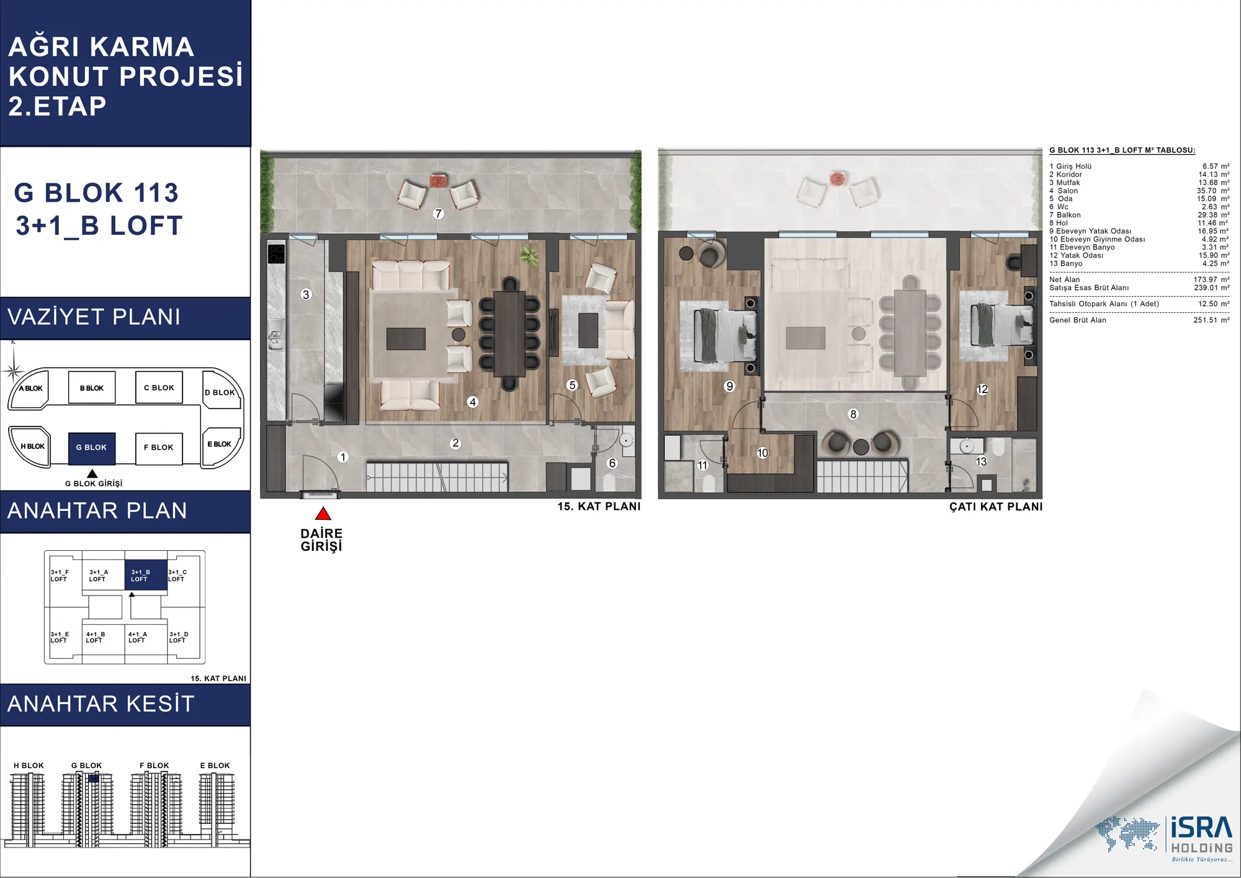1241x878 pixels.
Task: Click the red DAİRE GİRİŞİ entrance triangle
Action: [x=323, y=514]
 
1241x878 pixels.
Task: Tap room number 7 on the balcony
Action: [x=439, y=214]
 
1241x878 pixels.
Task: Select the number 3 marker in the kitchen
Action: [x=306, y=294]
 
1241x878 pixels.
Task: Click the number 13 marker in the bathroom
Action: [x=981, y=461]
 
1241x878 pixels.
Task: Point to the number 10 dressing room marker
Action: [x=763, y=453]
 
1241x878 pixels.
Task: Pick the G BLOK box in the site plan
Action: [x=92, y=448]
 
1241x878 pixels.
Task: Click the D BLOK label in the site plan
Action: [x=220, y=392]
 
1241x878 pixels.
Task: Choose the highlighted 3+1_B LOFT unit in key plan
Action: [x=146, y=575]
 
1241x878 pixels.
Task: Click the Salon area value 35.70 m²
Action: [x=1213, y=191]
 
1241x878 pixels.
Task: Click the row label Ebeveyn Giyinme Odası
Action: [x=1103, y=239]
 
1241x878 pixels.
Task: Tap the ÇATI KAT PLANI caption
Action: [x=996, y=507]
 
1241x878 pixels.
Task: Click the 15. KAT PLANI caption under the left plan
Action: [x=599, y=506]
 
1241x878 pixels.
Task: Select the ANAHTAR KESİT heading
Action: [x=101, y=704]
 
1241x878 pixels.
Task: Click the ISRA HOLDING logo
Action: [x=1164, y=838]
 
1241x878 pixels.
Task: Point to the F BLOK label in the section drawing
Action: [x=155, y=766]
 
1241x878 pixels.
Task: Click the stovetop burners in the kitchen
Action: [x=276, y=254]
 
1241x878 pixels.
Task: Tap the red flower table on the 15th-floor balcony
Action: [x=439, y=181]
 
